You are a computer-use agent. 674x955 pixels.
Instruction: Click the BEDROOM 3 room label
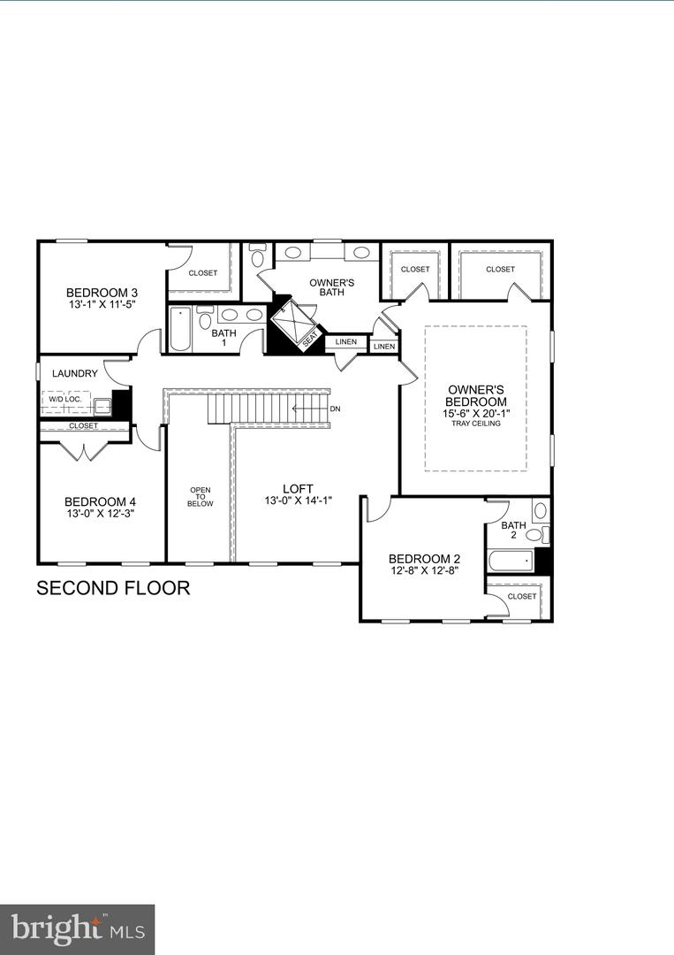[102, 293]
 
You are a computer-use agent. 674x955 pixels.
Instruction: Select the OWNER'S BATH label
[332, 287]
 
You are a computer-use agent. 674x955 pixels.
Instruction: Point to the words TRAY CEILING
[476, 424]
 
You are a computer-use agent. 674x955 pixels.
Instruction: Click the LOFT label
[298, 488]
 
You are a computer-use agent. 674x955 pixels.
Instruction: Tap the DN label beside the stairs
[335, 409]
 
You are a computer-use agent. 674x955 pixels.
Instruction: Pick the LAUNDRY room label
[75, 374]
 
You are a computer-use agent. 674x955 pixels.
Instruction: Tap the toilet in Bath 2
[539, 510]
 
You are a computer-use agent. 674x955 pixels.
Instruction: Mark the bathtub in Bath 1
[180, 328]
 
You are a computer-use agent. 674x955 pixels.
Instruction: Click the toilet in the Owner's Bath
[257, 257]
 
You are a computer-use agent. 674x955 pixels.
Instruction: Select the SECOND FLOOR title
[113, 588]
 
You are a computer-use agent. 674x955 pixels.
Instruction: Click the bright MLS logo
[77, 929]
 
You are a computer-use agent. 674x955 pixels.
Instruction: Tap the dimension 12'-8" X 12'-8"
[425, 571]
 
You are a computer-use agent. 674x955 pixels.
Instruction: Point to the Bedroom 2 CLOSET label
[521, 596]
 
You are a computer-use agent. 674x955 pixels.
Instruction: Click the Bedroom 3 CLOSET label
[202, 273]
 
